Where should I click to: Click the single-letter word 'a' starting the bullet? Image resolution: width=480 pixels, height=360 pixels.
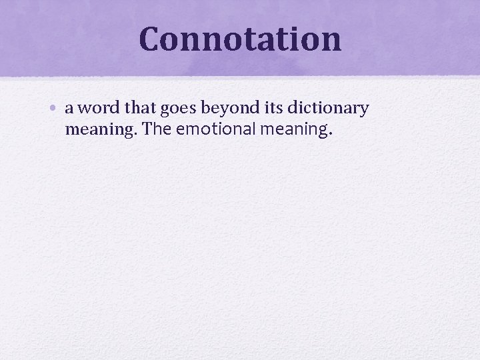[x=70, y=109]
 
